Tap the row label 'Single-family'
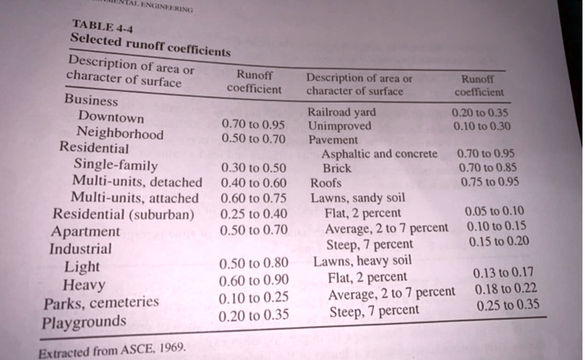pos(116,166)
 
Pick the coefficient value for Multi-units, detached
pos(253,183)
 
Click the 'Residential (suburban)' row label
pos(123,214)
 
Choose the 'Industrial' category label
pos(81,249)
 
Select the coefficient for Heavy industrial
pos(254,280)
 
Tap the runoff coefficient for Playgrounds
pos(254,314)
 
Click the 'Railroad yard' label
pos(342,112)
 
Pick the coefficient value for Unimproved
pos(481,126)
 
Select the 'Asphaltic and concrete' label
pos(379,154)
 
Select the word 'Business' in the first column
pos(91,100)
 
